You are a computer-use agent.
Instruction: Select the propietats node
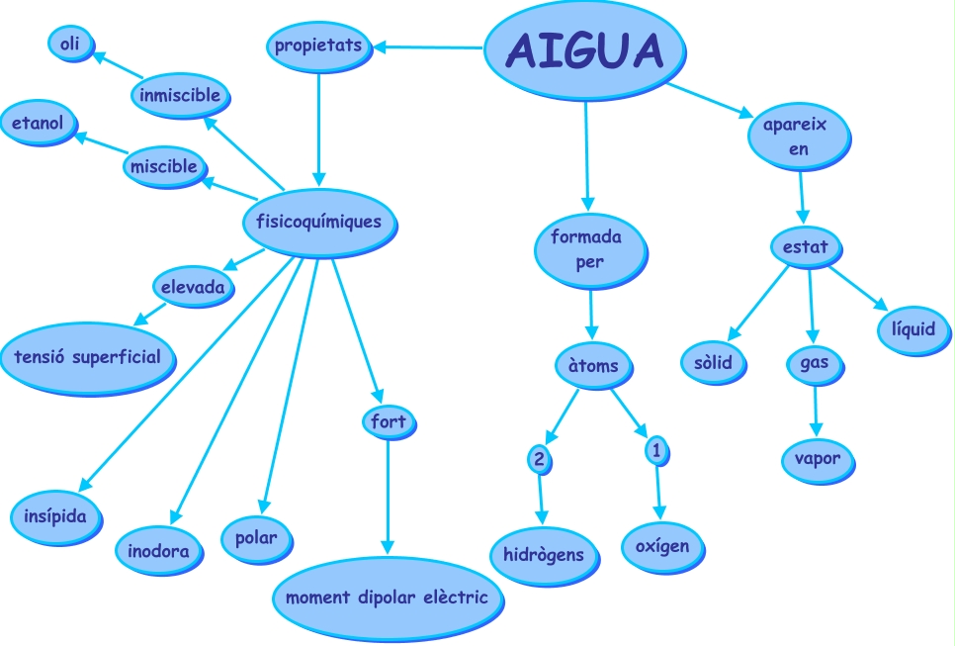(318, 46)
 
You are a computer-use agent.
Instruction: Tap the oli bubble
(69, 43)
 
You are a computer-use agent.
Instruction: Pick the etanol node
(39, 124)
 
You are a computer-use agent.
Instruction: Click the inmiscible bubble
(180, 96)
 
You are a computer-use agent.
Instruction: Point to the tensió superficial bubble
(87, 357)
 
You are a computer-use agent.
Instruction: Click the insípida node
(56, 516)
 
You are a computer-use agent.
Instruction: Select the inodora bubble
(159, 550)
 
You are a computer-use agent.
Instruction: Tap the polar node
(256, 538)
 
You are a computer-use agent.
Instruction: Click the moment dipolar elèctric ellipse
(387, 599)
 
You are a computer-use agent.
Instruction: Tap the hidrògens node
(544, 555)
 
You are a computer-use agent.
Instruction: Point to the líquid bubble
(913, 329)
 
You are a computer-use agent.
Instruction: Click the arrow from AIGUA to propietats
(431, 46)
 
